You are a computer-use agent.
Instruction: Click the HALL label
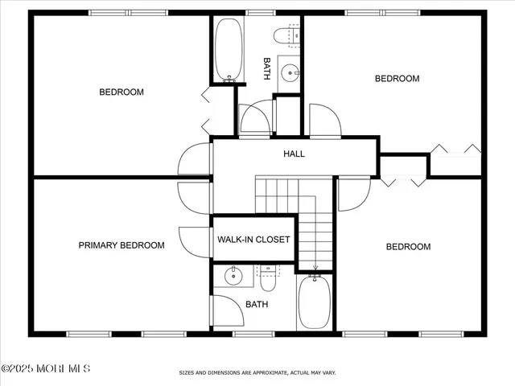(x=294, y=154)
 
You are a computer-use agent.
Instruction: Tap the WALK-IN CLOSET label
(x=253, y=240)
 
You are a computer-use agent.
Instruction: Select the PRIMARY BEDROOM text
(x=122, y=245)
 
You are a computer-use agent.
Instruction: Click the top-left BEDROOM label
(x=122, y=92)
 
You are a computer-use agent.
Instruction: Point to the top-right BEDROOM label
(x=398, y=78)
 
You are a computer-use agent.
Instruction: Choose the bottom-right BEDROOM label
(x=408, y=247)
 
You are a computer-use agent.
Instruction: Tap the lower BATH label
(x=257, y=304)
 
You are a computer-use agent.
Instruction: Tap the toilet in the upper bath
(x=286, y=35)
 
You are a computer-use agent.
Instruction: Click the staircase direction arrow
(x=315, y=266)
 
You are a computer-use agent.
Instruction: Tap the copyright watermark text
(x=46, y=368)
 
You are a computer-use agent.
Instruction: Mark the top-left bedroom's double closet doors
(x=207, y=111)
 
